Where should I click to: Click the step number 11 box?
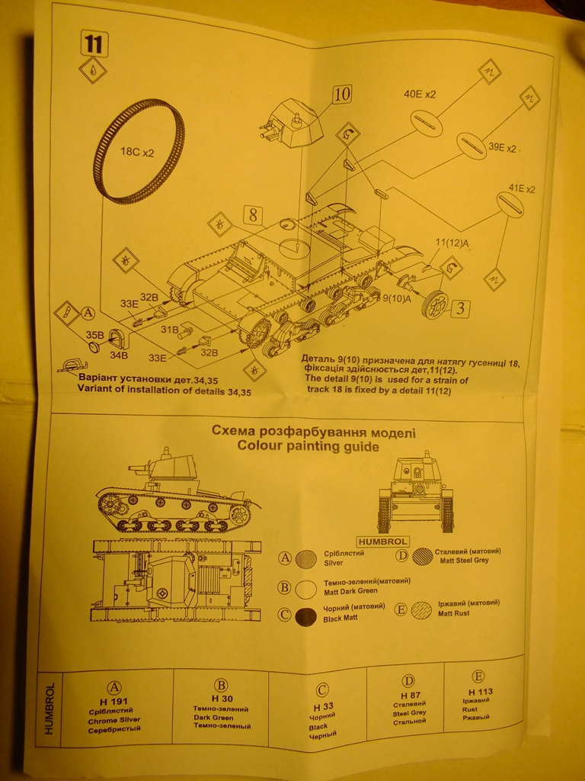(93, 43)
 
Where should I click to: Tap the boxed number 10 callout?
(342, 95)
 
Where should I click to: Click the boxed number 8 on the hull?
(254, 215)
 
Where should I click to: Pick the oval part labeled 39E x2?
(472, 146)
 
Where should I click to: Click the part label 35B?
(94, 334)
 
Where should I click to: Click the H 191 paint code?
(114, 701)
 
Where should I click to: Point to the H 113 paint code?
(478, 692)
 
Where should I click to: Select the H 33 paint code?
(321, 707)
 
